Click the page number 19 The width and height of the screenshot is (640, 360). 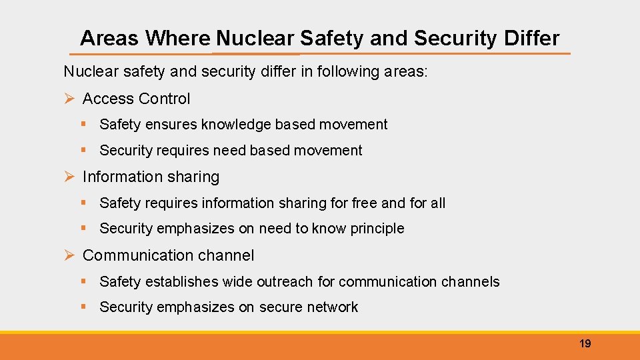(x=585, y=343)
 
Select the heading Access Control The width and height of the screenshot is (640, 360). (x=136, y=99)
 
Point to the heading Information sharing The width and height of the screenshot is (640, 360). (x=151, y=177)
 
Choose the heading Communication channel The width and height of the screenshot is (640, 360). (x=168, y=255)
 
